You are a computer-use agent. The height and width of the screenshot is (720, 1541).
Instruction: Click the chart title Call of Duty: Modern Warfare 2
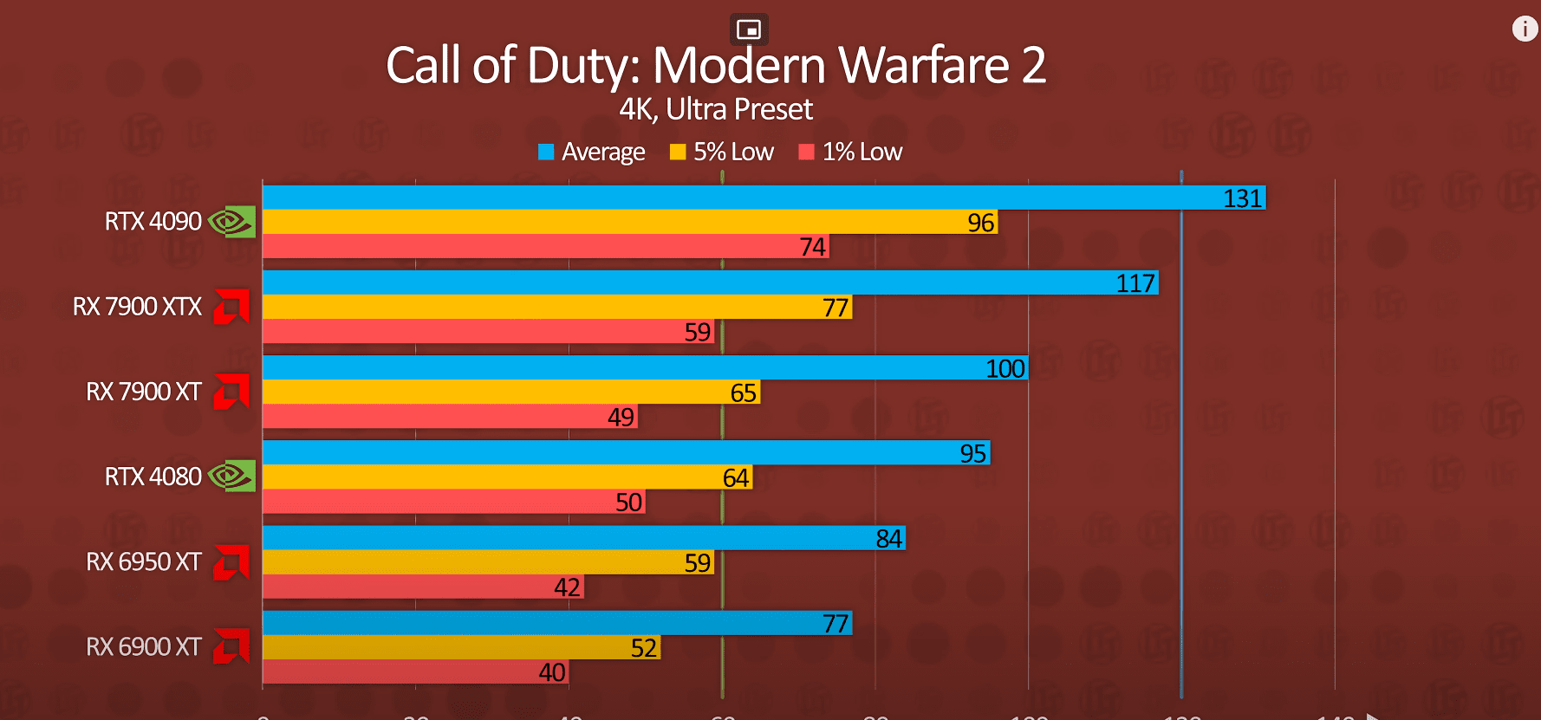(716, 66)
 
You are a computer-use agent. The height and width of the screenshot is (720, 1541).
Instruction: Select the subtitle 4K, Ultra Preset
(716, 110)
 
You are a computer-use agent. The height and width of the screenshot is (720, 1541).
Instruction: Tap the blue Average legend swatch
(546, 152)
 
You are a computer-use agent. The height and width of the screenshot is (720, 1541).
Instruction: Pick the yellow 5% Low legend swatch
(678, 152)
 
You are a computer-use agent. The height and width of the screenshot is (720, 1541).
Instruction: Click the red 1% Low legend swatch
(806, 152)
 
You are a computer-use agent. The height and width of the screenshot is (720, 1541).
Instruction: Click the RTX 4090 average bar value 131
(1242, 198)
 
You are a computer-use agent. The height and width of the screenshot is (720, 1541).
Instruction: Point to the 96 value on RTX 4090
(980, 223)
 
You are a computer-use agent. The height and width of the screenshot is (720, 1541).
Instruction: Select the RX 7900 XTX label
(137, 307)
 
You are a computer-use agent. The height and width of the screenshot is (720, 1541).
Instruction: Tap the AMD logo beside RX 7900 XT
(231, 391)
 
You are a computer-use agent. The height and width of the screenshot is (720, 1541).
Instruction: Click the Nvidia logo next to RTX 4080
(231, 476)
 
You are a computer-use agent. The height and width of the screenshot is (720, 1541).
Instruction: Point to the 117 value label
(1135, 283)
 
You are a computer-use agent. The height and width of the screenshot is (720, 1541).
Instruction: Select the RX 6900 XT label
(144, 647)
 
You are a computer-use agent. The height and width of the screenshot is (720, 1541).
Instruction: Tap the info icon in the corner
(1525, 29)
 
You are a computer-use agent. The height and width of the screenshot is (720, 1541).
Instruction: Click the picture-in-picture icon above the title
(749, 29)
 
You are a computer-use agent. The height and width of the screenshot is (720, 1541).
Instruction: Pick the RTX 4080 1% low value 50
(628, 503)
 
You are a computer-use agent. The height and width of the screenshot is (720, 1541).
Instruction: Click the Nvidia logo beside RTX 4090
(231, 222)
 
